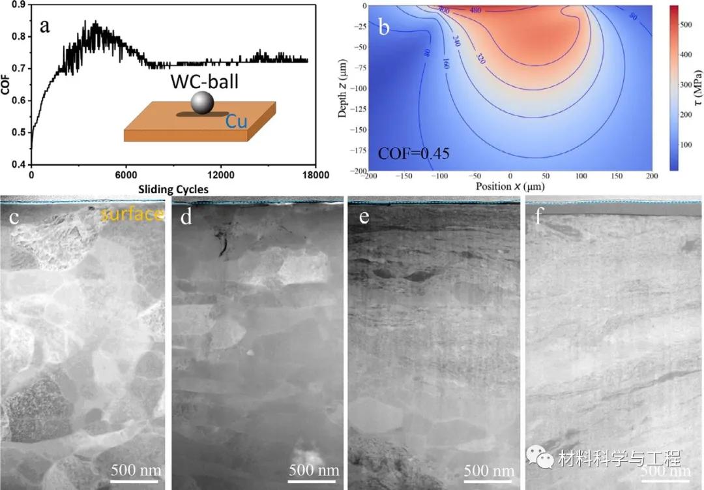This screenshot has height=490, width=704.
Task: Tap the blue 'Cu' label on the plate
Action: click(236, 121)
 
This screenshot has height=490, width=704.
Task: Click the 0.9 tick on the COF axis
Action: click(19, 5)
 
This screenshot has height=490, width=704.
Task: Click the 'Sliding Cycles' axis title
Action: click(172, 189)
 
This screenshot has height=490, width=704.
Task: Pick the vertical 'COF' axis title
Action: click(6, 86)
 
